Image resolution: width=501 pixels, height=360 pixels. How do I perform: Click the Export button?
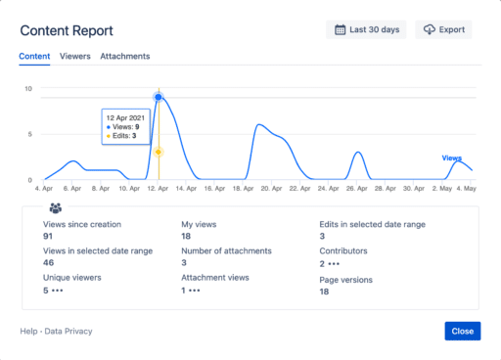pos(443,30)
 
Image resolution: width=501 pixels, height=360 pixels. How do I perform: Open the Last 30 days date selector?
pos(366,30)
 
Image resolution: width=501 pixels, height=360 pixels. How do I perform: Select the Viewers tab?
pos(75,57)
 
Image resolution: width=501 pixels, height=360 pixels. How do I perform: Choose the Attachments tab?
pos(125,57)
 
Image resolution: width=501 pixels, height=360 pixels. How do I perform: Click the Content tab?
pos(35,57)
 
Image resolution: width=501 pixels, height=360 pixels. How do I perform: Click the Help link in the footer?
pos(28,332)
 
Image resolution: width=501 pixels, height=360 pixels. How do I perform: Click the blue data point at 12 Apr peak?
pos(159,97)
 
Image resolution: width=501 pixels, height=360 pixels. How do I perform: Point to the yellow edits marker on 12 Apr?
pos(159,153)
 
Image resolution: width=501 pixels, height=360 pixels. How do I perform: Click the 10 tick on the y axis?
pos(29,89)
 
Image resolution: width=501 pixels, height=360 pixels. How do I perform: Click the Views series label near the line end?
pos(451,157)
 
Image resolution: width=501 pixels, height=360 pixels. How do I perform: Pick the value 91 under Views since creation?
pos(48,236)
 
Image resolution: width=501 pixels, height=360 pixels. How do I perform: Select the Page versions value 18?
pos(325,291)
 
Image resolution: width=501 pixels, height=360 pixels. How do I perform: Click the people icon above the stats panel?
pos(56,208)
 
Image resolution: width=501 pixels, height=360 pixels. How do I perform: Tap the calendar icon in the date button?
pos(340,30)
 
